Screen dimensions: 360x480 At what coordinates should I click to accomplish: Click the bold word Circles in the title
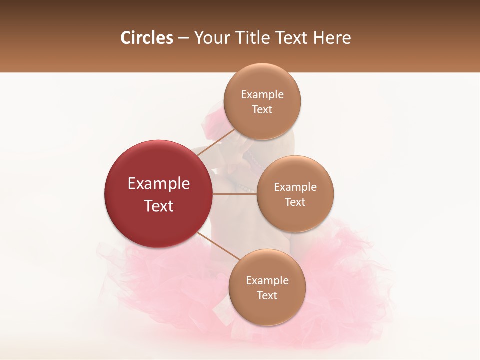[x=147, y=38]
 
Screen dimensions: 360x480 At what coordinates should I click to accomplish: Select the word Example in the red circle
[x=159, y=184]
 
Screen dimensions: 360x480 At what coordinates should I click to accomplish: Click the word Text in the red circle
[x=159, y=206]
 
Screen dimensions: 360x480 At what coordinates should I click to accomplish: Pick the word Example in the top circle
[x=262, y=95]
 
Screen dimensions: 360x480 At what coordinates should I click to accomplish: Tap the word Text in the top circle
[x=262, y=109]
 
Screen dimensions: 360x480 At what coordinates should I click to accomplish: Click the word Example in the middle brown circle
[x=295, y=187]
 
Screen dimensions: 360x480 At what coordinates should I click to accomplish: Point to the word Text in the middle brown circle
[x=295, y=202]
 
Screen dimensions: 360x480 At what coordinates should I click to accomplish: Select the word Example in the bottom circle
[x=267, y=281]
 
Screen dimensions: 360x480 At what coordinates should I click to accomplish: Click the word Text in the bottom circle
[x=267, y=295]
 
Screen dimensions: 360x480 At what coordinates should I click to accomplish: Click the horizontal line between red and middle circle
[x=234, y=194]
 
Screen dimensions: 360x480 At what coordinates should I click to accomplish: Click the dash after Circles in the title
[x=183, y=38]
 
